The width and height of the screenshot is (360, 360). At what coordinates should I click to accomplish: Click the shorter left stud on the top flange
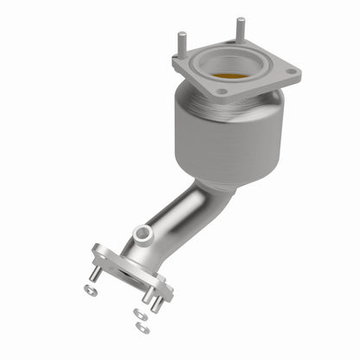tap(182, 43)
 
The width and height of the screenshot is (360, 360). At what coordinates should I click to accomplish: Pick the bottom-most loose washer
tap(143, 328)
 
